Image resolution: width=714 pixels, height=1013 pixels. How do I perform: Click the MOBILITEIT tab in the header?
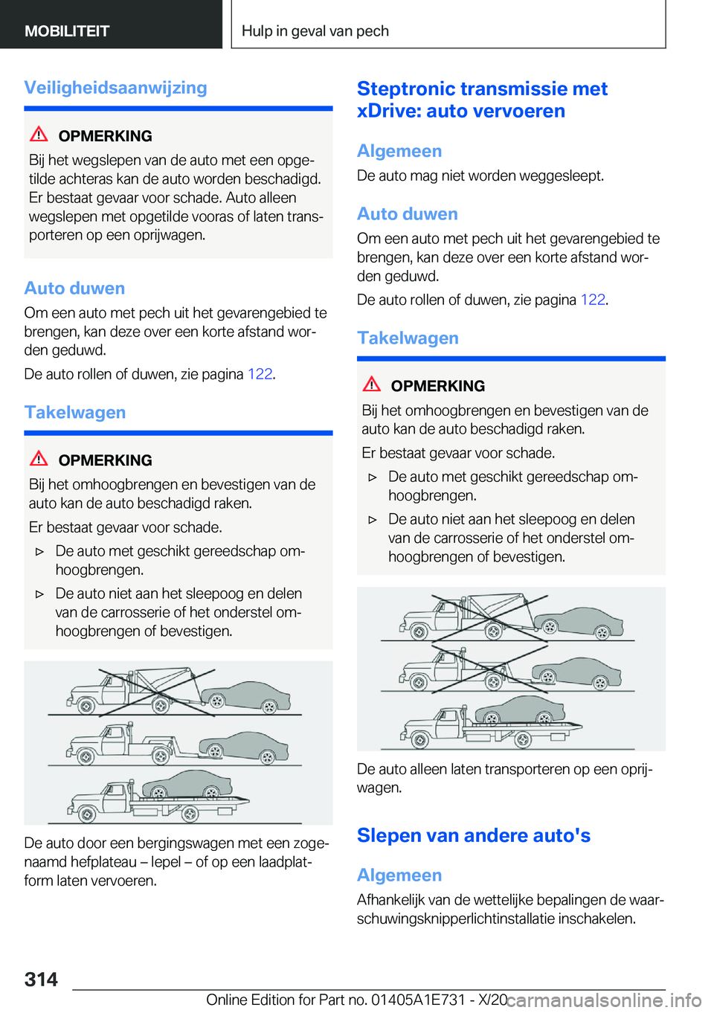click(x=67, y=31)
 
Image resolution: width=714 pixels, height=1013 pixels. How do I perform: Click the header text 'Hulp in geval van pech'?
click(x=315, y=31)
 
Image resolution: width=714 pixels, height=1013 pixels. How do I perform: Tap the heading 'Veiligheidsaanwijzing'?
click(x=115, y=88)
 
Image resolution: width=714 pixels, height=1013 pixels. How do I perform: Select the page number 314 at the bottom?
click(x=41, y=979)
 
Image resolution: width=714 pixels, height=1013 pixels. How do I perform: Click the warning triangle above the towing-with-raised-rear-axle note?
click(x=39, y=135)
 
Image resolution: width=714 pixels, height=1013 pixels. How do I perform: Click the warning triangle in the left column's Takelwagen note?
click(x=39, y=459)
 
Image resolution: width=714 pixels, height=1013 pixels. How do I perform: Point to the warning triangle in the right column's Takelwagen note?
click(x=371, y=385)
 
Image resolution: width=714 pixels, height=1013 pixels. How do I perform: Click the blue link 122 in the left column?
click(x=260, y=374)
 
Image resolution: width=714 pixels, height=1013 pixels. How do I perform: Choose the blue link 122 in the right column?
click(x=593, y=300)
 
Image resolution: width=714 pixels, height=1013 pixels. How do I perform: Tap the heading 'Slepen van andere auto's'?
click(x=473, y=835)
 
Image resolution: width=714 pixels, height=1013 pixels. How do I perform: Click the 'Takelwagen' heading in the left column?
click(x=74, y=412)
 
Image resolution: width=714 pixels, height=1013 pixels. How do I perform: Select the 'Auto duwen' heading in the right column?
click(x=407, y=214)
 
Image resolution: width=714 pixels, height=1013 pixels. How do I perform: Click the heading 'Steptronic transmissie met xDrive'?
click(x=482, y=100)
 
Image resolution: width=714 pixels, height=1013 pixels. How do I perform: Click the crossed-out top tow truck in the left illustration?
click(x=126, y=689)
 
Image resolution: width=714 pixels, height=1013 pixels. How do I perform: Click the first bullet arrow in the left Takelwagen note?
click(x=40, y=552)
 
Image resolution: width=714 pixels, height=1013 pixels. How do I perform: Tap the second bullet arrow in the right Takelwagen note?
click(x=373, y=520)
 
